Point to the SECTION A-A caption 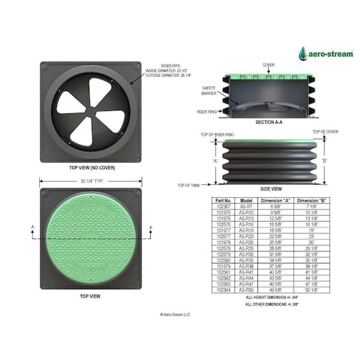(268, 122)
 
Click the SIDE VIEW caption (271, 188)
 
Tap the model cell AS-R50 (247, 290)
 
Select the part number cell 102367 (224, 206)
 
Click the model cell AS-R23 (247, 236)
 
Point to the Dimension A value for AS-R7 (277, 206)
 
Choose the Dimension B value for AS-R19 (310, 230)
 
